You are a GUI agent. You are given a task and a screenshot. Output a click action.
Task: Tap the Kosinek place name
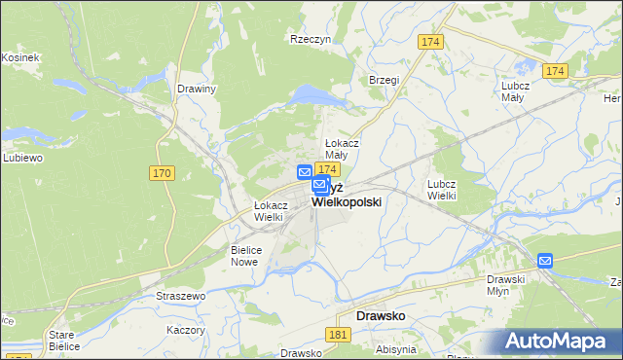(x=19, y=57)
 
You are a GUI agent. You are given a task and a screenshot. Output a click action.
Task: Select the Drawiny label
(x=197, y=89)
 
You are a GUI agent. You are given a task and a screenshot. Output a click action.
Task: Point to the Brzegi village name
(x=384, y=81)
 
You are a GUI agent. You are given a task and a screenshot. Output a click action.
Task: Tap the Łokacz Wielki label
(x=270, y=211)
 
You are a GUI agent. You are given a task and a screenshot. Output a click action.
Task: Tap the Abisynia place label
(x=396, y=349)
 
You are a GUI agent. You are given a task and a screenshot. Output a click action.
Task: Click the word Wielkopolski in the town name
(x=346, y=201)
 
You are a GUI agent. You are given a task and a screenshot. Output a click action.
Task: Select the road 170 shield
(x=162, y=173)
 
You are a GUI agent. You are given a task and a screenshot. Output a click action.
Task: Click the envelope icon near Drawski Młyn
(x=545, y=260)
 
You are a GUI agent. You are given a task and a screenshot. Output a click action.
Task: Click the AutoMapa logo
(x=559, y=342)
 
